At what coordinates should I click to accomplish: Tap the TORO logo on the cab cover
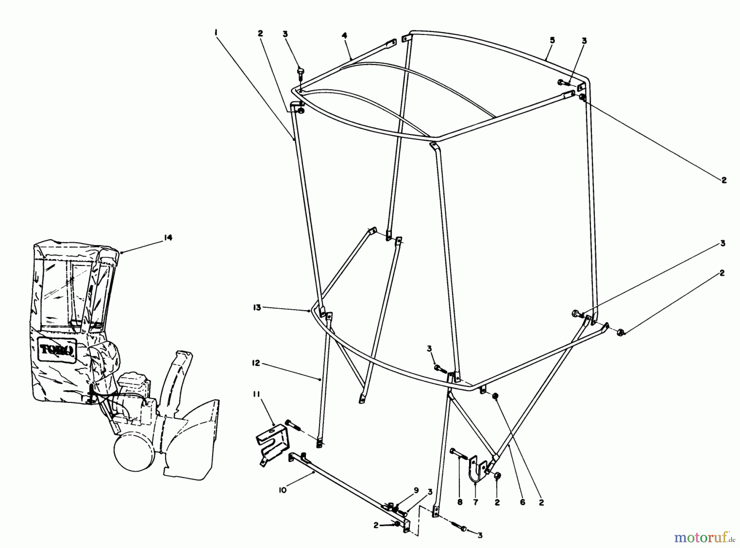click(x=57, y=349)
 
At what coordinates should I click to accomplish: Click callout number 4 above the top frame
click(x=345, y=36)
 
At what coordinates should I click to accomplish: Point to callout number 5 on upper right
click(x=552, y=40)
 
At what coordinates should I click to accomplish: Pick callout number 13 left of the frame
click(x=257, y=308)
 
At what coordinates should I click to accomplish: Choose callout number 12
click(x=256, y=363)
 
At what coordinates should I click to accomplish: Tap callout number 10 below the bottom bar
click(x=283, y=490)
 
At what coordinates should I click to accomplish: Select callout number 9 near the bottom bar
click(x=416, y=490)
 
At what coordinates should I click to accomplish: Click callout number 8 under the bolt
click(x=460, y=502)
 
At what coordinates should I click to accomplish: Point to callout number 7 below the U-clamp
click(x=476, y=502)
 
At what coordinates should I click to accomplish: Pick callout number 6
click(x=523, y=502)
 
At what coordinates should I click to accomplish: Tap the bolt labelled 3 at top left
click(x=300, y=74)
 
